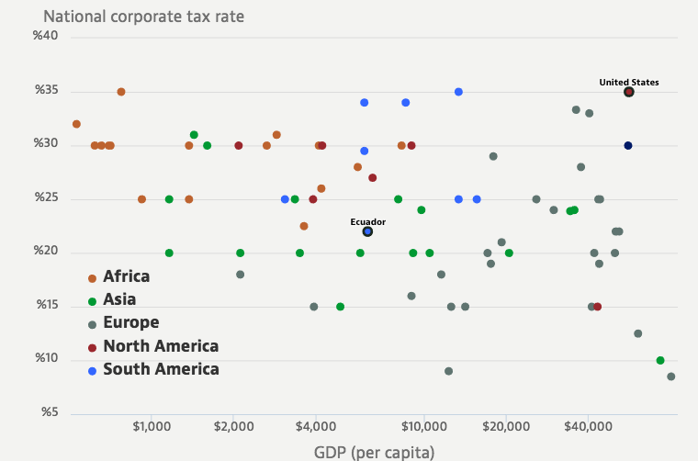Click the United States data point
pyautogui.click(x=628, y=92)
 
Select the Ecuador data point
pyautogui.click(x=367, y=231)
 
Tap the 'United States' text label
pyautogui.click(x=628, y=82)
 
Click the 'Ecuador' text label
pyautogui.click(x=367, y=221)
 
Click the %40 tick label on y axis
pyautogui.click(x=46, y=37)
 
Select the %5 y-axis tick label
pyautogui.click(x=49, y=412)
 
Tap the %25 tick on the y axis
pyautogui.click(x=46, y=197)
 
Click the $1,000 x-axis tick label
pyautogui.click(x=152, y=426)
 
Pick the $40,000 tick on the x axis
pyautogui.click(x=588, y=426)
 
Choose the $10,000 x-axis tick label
pyautogui.click(x=423, y=426)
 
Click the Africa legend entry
pyautogui.click(x=126, y=276)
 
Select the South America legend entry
pyautogui.click(x=161, y=369)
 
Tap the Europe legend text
pyautogui.click(x=130, y=322)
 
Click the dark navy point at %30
pyautogui.click(x=628, y=145)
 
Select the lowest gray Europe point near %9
pyautogui.click(x=448, y=371)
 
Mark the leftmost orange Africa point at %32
pyautogui.click(x=76, y=124)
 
